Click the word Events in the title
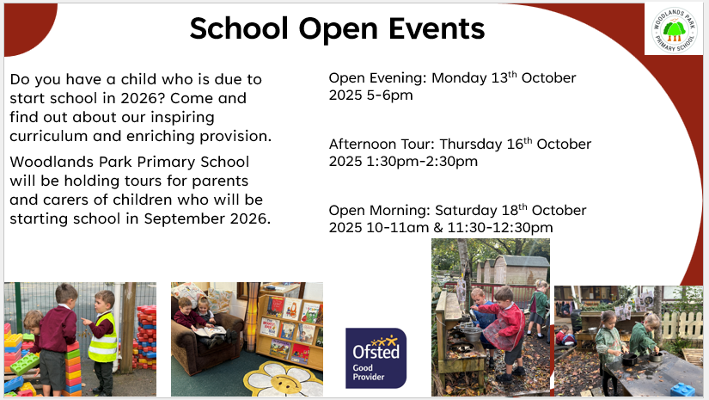point(437,28)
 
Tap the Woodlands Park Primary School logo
point(674,30)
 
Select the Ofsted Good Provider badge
point(376,359)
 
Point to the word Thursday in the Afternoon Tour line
point(471,145)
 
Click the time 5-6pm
point(390,95)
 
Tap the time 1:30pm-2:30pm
point(422,162)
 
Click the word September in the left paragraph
point(184,219)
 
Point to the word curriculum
point(48,136)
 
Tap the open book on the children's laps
point(210,331)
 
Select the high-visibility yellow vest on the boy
point(103,338)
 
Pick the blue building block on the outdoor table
point(685,390)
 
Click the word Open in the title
point(339,29)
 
